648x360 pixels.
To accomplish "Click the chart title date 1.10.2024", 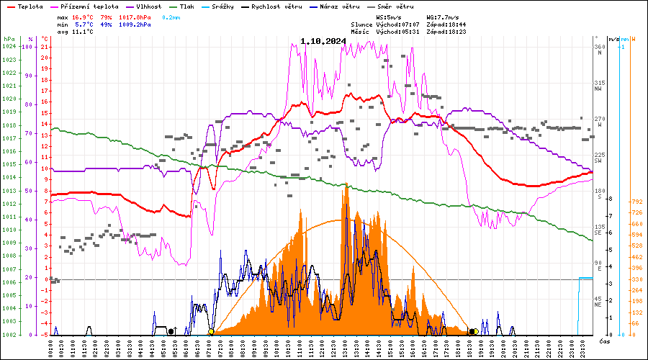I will [x=323, y=41].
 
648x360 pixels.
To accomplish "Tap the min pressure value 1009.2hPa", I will [x=135, y=24].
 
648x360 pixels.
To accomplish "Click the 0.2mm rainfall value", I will [x=171, y=17].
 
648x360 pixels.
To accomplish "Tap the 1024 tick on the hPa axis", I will [x=9, y=47].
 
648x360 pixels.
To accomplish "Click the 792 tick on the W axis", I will [x=636, y=202].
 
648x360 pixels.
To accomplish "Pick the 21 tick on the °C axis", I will [x=45, y=47].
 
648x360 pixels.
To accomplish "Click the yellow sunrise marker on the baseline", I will [x=211, y=332].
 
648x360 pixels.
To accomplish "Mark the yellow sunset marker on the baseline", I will [x=476, y=331].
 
